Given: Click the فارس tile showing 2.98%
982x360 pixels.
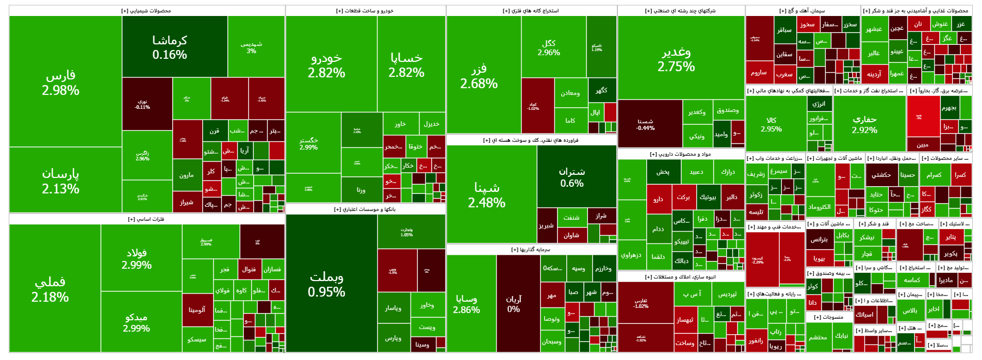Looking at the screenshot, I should (61, 83).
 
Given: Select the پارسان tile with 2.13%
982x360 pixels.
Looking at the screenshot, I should (61, 181).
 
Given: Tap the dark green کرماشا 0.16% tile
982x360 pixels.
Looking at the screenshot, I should (170, 47).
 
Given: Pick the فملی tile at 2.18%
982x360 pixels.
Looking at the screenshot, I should (50, 289).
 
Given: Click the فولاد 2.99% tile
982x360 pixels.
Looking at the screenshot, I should (137, 258).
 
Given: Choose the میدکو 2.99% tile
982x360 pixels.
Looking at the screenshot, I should (137, 322).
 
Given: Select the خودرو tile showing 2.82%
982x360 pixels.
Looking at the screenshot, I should (326, 65).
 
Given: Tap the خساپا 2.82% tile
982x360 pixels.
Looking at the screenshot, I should (406, 65).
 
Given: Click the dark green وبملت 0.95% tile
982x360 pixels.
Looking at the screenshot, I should (326, 284).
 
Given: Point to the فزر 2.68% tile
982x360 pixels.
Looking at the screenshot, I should (479, 76).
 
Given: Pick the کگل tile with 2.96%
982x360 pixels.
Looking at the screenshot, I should (549, 48).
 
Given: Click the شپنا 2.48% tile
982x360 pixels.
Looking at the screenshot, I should (486, 195).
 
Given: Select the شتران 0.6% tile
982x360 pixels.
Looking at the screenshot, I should (572, 177).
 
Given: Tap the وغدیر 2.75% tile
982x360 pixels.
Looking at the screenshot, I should (676, 59).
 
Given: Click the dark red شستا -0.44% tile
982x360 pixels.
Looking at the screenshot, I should (645, 124).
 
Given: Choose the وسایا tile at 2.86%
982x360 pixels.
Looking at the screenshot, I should (466, 304).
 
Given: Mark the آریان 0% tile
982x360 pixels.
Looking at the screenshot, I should (514, 304).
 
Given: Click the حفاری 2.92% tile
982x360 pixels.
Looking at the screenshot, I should (864, 124).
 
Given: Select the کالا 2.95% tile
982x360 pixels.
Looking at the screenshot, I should (771, 124).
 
